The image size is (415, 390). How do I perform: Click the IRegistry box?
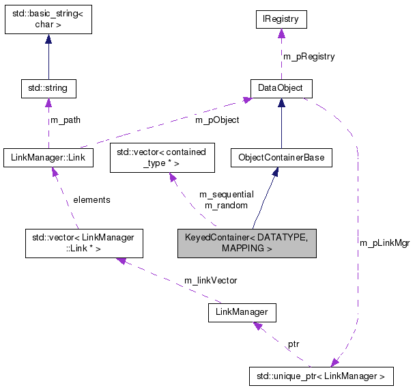[x=281, y=20]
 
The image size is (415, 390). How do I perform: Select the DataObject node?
[x=281, y=88]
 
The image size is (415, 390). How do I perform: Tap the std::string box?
[x=48, y=88]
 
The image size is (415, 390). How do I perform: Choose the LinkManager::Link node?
[x=48, y=158]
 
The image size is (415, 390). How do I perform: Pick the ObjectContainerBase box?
[x=281, y=158]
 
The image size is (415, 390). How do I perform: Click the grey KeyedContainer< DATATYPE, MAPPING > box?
[x=246, y=243]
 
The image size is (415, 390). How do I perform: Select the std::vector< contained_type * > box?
[x=162, y=158]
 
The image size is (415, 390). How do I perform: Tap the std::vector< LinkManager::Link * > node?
[x=79, y=243]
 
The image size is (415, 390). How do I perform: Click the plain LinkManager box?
[x=242, y=312]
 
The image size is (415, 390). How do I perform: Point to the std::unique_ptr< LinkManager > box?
[x=321, y=376]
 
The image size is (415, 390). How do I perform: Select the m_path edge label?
[x=66, y=120]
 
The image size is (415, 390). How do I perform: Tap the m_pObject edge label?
[x=217, y=121]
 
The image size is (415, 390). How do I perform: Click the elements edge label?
[x=91, y=199]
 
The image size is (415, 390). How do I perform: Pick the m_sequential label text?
[x=226, y=195]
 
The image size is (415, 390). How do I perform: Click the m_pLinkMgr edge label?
[x=384, y=242]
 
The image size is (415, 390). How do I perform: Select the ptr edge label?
[x=293, y=344]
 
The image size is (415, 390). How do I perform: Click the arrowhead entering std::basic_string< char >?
[x=48, y=40]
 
